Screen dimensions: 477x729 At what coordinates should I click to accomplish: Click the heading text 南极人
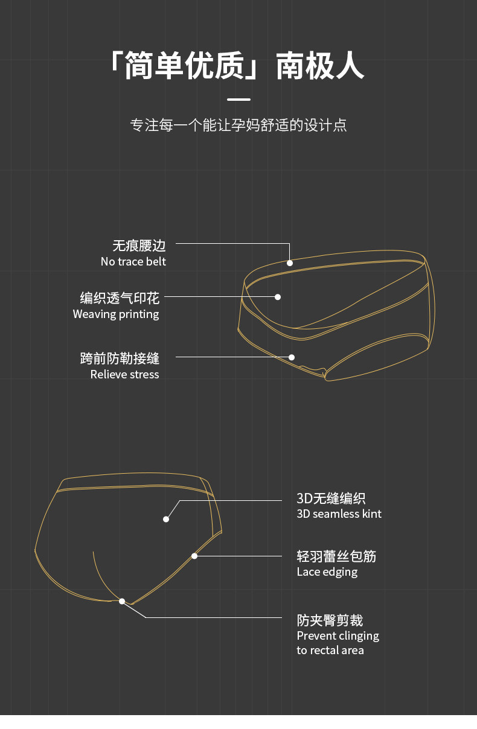point(320,66)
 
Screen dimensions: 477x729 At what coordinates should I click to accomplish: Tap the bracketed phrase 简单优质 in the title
point(184,66)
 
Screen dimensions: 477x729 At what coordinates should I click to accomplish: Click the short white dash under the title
point(238,100)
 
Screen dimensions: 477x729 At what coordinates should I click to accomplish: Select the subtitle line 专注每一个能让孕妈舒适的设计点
point(238,125)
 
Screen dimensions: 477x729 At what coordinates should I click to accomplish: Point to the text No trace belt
point(133,261)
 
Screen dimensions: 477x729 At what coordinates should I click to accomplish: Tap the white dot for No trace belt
point(290,263)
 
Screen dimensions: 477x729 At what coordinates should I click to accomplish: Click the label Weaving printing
point(116,314)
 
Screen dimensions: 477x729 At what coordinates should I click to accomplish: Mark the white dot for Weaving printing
point(278,297)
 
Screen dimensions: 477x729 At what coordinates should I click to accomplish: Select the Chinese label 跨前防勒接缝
point(120,358)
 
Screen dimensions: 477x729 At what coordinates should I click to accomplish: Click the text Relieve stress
point(124,374)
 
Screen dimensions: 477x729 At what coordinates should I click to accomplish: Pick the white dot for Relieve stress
point(292,357)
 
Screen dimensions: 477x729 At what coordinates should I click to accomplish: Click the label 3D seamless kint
point(339,514)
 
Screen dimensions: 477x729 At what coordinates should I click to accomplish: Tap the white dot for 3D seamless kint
point(166,519)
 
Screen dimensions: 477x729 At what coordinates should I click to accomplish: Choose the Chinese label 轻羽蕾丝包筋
point(336,556)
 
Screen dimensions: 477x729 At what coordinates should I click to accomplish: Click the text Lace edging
point(327,571)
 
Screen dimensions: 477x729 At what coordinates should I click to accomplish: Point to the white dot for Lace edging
point(194,556)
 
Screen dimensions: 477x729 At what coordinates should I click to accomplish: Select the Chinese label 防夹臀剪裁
point(330,620)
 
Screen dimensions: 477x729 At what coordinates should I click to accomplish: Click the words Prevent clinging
point(338,635)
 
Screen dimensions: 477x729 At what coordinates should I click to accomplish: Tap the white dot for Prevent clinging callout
point(122,601)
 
